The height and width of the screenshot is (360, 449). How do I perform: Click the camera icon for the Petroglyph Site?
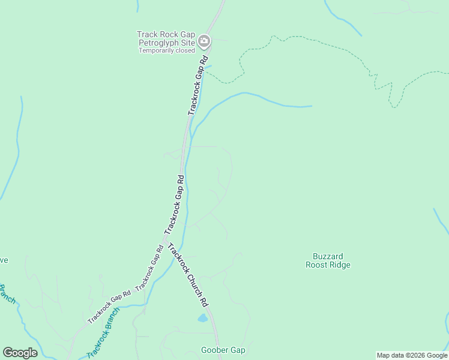204,41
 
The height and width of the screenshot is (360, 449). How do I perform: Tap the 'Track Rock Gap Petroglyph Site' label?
166,39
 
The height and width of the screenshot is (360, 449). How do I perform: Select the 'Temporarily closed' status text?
167,50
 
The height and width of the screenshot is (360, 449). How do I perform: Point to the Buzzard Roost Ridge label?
328,260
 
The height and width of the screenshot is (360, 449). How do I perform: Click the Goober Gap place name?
223,350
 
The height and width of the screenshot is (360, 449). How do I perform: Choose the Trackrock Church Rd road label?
188,274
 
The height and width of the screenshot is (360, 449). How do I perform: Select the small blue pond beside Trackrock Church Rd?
203,318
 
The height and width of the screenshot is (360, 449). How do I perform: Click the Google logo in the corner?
20,353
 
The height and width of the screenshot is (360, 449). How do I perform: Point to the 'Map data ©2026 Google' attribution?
412,355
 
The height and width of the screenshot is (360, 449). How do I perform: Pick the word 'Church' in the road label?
190,277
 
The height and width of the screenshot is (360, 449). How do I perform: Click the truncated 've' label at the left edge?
4,260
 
